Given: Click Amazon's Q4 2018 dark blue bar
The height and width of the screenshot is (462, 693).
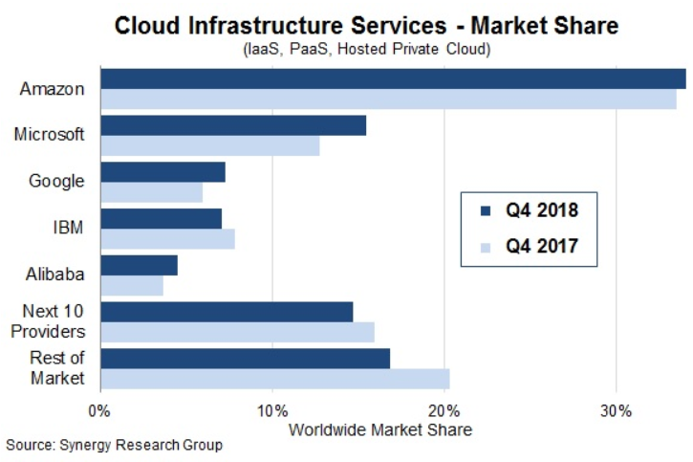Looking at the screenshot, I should point(392,78).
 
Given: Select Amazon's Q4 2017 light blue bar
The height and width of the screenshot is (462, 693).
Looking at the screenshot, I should point(387,99).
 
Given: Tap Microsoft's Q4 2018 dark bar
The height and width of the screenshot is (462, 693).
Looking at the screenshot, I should point(233,125).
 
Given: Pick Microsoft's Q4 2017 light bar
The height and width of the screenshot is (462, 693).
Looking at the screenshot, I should point(209,145).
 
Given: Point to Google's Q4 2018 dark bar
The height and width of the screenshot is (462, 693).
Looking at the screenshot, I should point(162,172).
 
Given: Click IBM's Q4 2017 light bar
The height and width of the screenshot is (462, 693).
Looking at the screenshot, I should point(167,238).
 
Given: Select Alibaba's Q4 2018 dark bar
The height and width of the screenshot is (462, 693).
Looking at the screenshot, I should point(139,265).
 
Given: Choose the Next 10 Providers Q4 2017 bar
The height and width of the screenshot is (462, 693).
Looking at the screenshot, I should point(237,331).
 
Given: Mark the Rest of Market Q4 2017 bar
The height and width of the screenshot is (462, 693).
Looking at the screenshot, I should point(274,378).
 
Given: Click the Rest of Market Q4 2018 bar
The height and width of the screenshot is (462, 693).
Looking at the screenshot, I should point(245,358).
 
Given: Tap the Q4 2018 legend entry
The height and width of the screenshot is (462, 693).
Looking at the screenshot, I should point(531,208).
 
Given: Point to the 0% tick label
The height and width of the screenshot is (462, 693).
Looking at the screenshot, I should point(99,411).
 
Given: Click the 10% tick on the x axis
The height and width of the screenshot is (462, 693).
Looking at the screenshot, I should point(272,411).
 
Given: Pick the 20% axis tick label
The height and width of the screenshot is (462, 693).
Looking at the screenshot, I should point(444,411).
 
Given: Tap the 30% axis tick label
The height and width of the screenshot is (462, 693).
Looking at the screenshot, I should point(617,411).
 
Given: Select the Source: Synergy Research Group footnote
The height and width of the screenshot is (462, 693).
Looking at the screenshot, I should point(114,446).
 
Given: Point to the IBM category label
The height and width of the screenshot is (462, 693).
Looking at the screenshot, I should point(67,228).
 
